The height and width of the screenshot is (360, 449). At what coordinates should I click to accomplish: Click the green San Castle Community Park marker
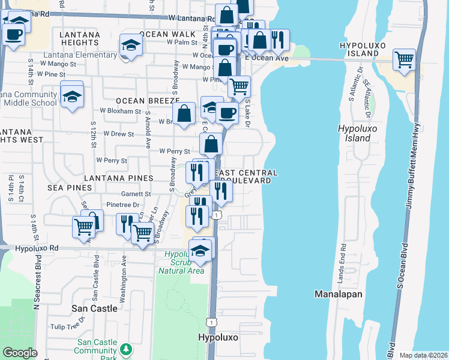126,349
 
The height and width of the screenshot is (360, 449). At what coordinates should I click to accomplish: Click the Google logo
20,353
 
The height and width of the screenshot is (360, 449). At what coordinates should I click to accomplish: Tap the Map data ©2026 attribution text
423,355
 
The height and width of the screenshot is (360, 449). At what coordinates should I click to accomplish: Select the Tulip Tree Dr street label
67,326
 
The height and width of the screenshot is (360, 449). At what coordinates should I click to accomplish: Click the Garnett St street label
136,194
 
